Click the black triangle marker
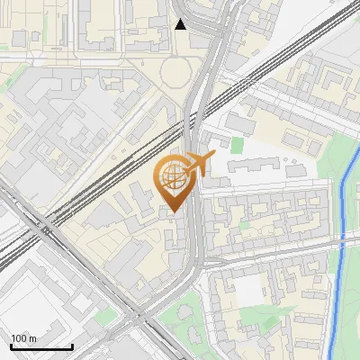tap(181, 24)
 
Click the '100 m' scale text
tap(23, 338)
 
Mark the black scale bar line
tap(41, 346)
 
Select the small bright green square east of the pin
tap(237, 145)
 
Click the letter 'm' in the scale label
tap(32, 338)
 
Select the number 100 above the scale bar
tap(18, 338)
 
